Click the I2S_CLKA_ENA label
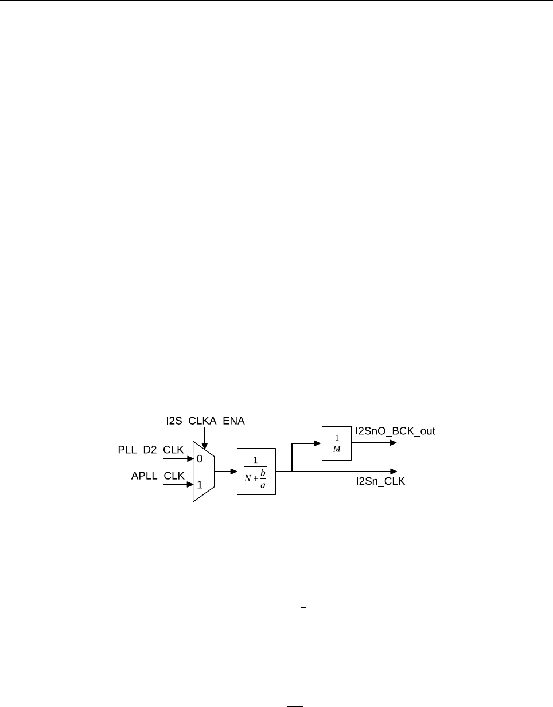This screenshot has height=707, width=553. [x=205, y=421]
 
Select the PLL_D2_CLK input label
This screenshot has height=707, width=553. [x=151, y=450]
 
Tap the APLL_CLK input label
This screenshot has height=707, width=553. [x=158, y=476]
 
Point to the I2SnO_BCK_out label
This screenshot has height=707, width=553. [x=395, y=431]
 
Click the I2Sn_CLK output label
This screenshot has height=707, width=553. [x=380, y=481]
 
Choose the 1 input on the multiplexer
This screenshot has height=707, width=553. [x=200, y=485]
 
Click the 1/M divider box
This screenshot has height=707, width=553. [x=337, y=443]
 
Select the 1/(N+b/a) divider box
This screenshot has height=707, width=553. [x=256, y=472]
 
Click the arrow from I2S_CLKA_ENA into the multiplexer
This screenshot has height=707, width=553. [x=204, y=439]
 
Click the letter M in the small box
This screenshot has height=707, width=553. [x=337, y=449]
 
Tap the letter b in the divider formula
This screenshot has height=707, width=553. [x=263, y=472]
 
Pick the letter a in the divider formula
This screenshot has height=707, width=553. [x=263, y=485]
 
